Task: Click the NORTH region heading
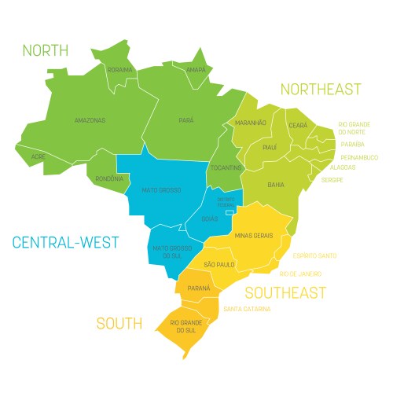(x=46, y=51)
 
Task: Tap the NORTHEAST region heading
(x=321, y=89)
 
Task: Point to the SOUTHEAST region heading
(x=285, y=293)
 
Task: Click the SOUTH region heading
(x=119, y=323)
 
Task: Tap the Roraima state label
(x=119, y=70)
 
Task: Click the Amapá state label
(x=196, y=70)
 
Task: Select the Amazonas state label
(x=90, y=120)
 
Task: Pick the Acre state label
(x=38, y=156)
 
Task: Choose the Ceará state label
(x=298, y=125)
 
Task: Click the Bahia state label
(x=276, y=185)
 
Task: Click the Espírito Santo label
(x=314, y=255)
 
